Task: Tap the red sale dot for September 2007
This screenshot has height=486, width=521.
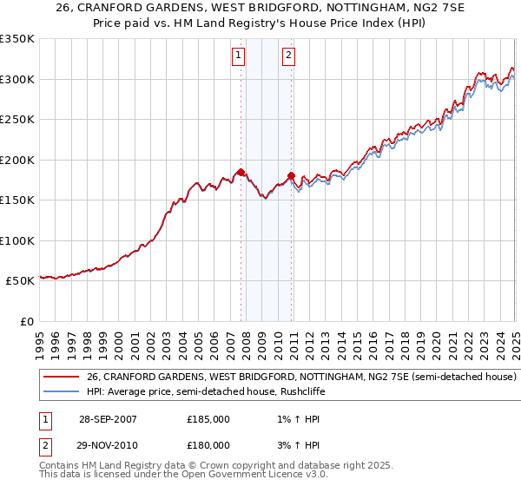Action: point(241,172)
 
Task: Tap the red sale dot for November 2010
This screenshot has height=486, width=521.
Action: point(291,176)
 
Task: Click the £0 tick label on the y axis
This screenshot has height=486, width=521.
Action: point(26,321)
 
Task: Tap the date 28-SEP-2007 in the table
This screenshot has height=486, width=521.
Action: point(108,419)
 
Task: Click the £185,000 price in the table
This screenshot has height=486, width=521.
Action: point(208,419)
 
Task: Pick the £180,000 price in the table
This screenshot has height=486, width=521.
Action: point(208,445)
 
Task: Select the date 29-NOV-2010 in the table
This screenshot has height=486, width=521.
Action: point(108,445)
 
